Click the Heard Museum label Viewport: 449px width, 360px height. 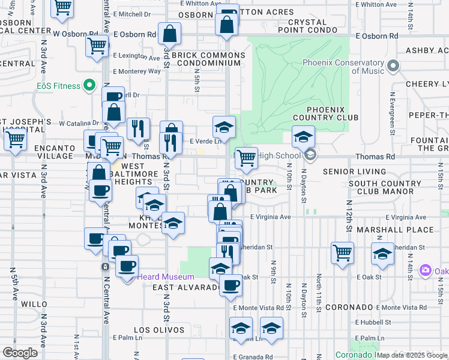(166, 277)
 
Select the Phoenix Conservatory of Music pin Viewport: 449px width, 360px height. (393, 65)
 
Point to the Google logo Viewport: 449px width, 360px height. (20, 353)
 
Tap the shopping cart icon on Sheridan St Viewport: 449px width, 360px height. (342, 253)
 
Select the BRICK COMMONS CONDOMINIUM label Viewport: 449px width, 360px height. (208, 59)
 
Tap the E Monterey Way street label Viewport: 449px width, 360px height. (137, 71)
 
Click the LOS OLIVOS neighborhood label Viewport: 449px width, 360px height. (158, 330)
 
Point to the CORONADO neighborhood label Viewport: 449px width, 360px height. (350, 307)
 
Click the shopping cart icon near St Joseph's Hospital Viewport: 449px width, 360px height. (15, 140)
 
